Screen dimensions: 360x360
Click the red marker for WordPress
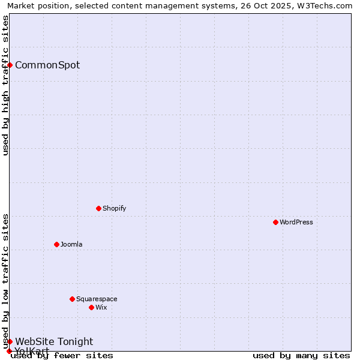[x=275, y=222]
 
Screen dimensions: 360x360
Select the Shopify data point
[x=98, y=208]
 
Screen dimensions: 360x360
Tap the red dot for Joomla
[x=56, y=244]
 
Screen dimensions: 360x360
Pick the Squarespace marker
[x=72, y=299]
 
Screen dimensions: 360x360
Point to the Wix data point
[x=91, y=307]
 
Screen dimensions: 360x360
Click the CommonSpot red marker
[x=10, y=65]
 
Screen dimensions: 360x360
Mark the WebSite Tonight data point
[x=10, y=341]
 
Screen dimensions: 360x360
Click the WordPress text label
[x=296, y=222]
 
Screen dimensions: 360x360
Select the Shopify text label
[x=114, y=208]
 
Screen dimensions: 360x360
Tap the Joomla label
[x=71, y=244]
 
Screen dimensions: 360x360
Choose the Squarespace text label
[x=97, y=299]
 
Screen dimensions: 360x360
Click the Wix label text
[x=101, y=307]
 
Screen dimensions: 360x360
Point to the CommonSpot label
[x=47, y=65]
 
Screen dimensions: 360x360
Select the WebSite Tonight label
[x=54, y=341]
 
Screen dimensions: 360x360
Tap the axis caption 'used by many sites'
[x=301, y=355]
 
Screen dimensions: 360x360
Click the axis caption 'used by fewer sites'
[x=62, y=355]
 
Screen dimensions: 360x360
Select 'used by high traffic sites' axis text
[x=5, y=85]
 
